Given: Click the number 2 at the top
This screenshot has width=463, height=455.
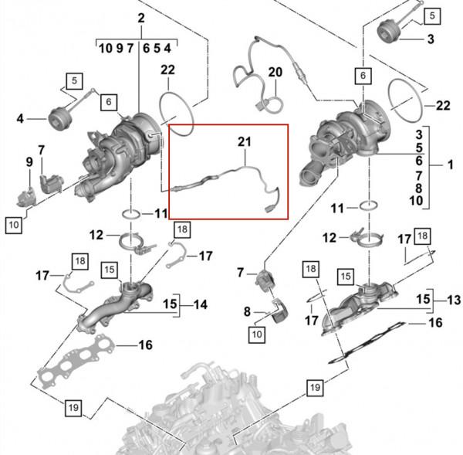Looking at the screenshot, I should point(140,18).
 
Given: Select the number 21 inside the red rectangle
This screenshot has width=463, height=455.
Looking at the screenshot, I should point(244,141).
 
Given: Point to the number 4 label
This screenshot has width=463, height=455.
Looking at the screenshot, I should point(20,119).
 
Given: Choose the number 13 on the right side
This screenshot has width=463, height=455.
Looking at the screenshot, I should point(454,300).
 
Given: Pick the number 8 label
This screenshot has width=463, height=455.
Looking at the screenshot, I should point(246,312).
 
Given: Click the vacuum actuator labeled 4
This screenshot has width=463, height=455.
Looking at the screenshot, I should point(58,119).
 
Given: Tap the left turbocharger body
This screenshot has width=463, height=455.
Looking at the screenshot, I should point(123,151).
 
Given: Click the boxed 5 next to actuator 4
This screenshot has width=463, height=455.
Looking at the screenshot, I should point(74,80).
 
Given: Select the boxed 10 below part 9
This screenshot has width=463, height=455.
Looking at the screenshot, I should point(14,225).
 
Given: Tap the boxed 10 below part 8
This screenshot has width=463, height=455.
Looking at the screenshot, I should point(256,334).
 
